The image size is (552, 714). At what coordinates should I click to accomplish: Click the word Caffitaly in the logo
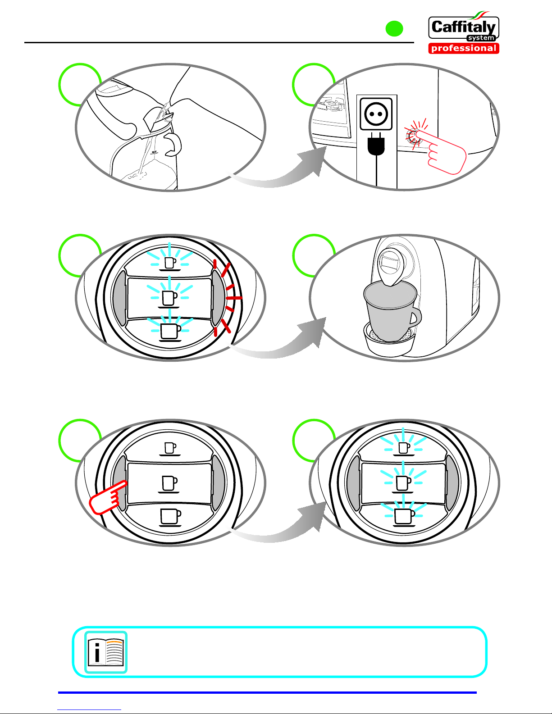(463, 27)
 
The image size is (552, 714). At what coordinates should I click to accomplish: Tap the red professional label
(464, 48)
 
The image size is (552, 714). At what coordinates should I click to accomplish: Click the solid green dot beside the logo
(394, 28)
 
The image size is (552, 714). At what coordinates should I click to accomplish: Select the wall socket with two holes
(376, 114)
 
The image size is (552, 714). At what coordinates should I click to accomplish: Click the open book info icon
(106, 652)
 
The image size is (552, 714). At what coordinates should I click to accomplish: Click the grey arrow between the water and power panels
(279, 166)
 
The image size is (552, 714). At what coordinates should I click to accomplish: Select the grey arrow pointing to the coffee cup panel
(279, 337)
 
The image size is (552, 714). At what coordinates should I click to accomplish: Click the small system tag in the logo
(481, 38)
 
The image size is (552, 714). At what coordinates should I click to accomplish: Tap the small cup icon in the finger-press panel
(170, 449)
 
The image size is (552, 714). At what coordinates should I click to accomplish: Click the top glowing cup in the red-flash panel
(170, 264)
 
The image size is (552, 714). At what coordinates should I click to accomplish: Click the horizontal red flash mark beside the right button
(234, 298)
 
